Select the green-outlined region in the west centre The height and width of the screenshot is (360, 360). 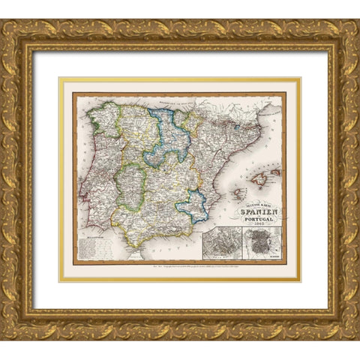(x=130, y=185)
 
